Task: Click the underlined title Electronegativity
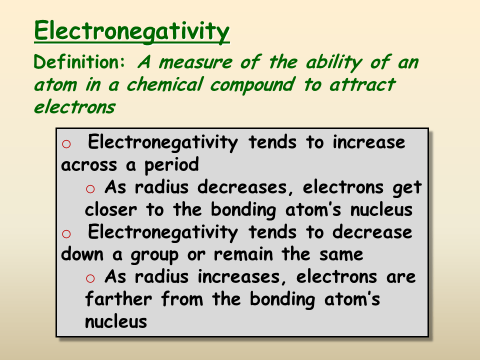[x=132, y=31]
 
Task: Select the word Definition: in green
[x=80, y=62]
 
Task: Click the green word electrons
[x=74, y=106]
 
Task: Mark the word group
[x=154, y=255]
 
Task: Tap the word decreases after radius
[x=246, y=187]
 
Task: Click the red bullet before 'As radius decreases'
[x=90, y=188]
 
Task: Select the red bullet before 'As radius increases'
[x=90, y=278]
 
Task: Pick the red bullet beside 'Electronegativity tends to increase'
[x=66, y=144]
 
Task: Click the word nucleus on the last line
[x=116, y=321]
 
